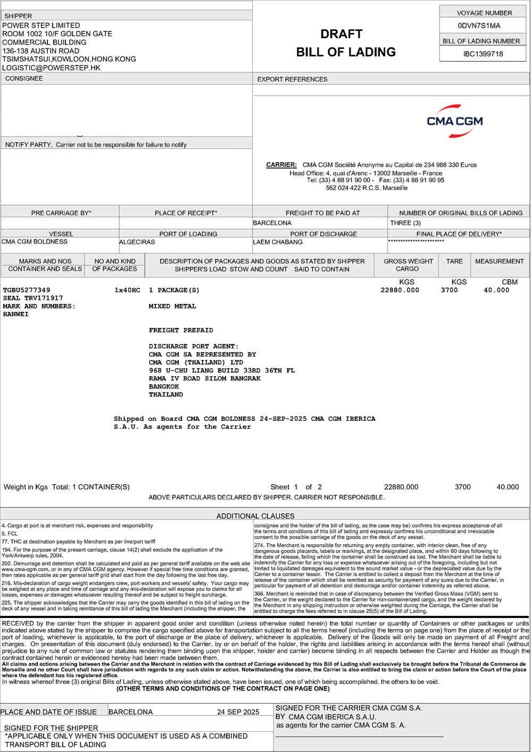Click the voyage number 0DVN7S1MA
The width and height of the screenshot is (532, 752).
pos(479,26)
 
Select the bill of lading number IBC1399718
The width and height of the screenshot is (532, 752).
pos(483,54)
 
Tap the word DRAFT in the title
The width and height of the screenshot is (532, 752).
pos(341,34)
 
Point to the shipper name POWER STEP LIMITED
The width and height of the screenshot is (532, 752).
pos(41,25)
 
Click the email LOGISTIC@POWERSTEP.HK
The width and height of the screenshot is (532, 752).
pos(52,67)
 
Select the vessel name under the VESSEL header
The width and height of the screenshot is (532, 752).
pos(35,241)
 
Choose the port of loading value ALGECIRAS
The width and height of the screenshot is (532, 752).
pos(137,242)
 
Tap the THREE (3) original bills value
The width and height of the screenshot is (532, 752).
pos(405,223)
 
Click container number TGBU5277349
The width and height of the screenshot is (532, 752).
pos(27,290)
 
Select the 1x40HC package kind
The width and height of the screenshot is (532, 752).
pos(127,290)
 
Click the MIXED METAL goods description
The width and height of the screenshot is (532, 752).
pos(172,306)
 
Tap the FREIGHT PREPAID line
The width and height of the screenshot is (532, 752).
pos(181,330)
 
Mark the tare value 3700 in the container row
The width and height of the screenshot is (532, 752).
pos(449,290)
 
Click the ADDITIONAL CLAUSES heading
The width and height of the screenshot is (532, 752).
pos(255,516)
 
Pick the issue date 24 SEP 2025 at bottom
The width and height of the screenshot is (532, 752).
pos(238,712)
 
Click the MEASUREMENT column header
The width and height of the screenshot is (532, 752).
pos(499,261)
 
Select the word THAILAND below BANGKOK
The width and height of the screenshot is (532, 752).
pos(166,394)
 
